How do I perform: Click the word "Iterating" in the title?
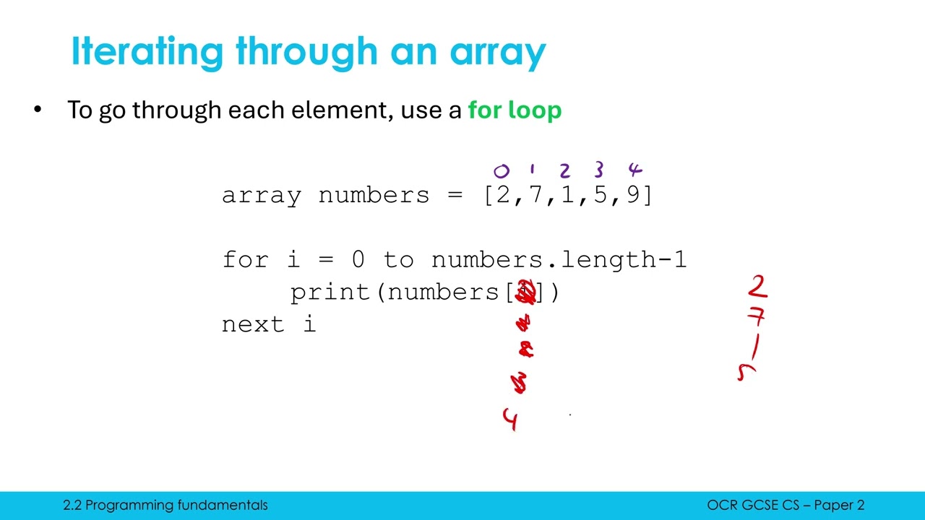(147, 52)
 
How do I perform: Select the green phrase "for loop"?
(515, 110)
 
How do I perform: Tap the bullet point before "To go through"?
(38, 110)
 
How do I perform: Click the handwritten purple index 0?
(501, 171)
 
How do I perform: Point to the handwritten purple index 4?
(634, 170)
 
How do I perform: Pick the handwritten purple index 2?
(564, 170)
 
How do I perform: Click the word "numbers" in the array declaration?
(374, 196)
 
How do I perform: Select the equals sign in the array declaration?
(455, 196)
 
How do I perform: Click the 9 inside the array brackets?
(633, 196)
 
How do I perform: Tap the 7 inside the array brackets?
(535, 196)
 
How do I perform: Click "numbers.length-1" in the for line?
(559, 259)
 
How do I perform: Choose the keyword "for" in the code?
(245, 259)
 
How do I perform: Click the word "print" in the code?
(330, 292)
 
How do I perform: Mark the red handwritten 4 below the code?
(511, 419)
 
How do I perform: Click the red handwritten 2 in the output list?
(757, 287)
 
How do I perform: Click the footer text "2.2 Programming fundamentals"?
(165, 506)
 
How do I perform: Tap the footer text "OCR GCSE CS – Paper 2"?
(786, 506)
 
